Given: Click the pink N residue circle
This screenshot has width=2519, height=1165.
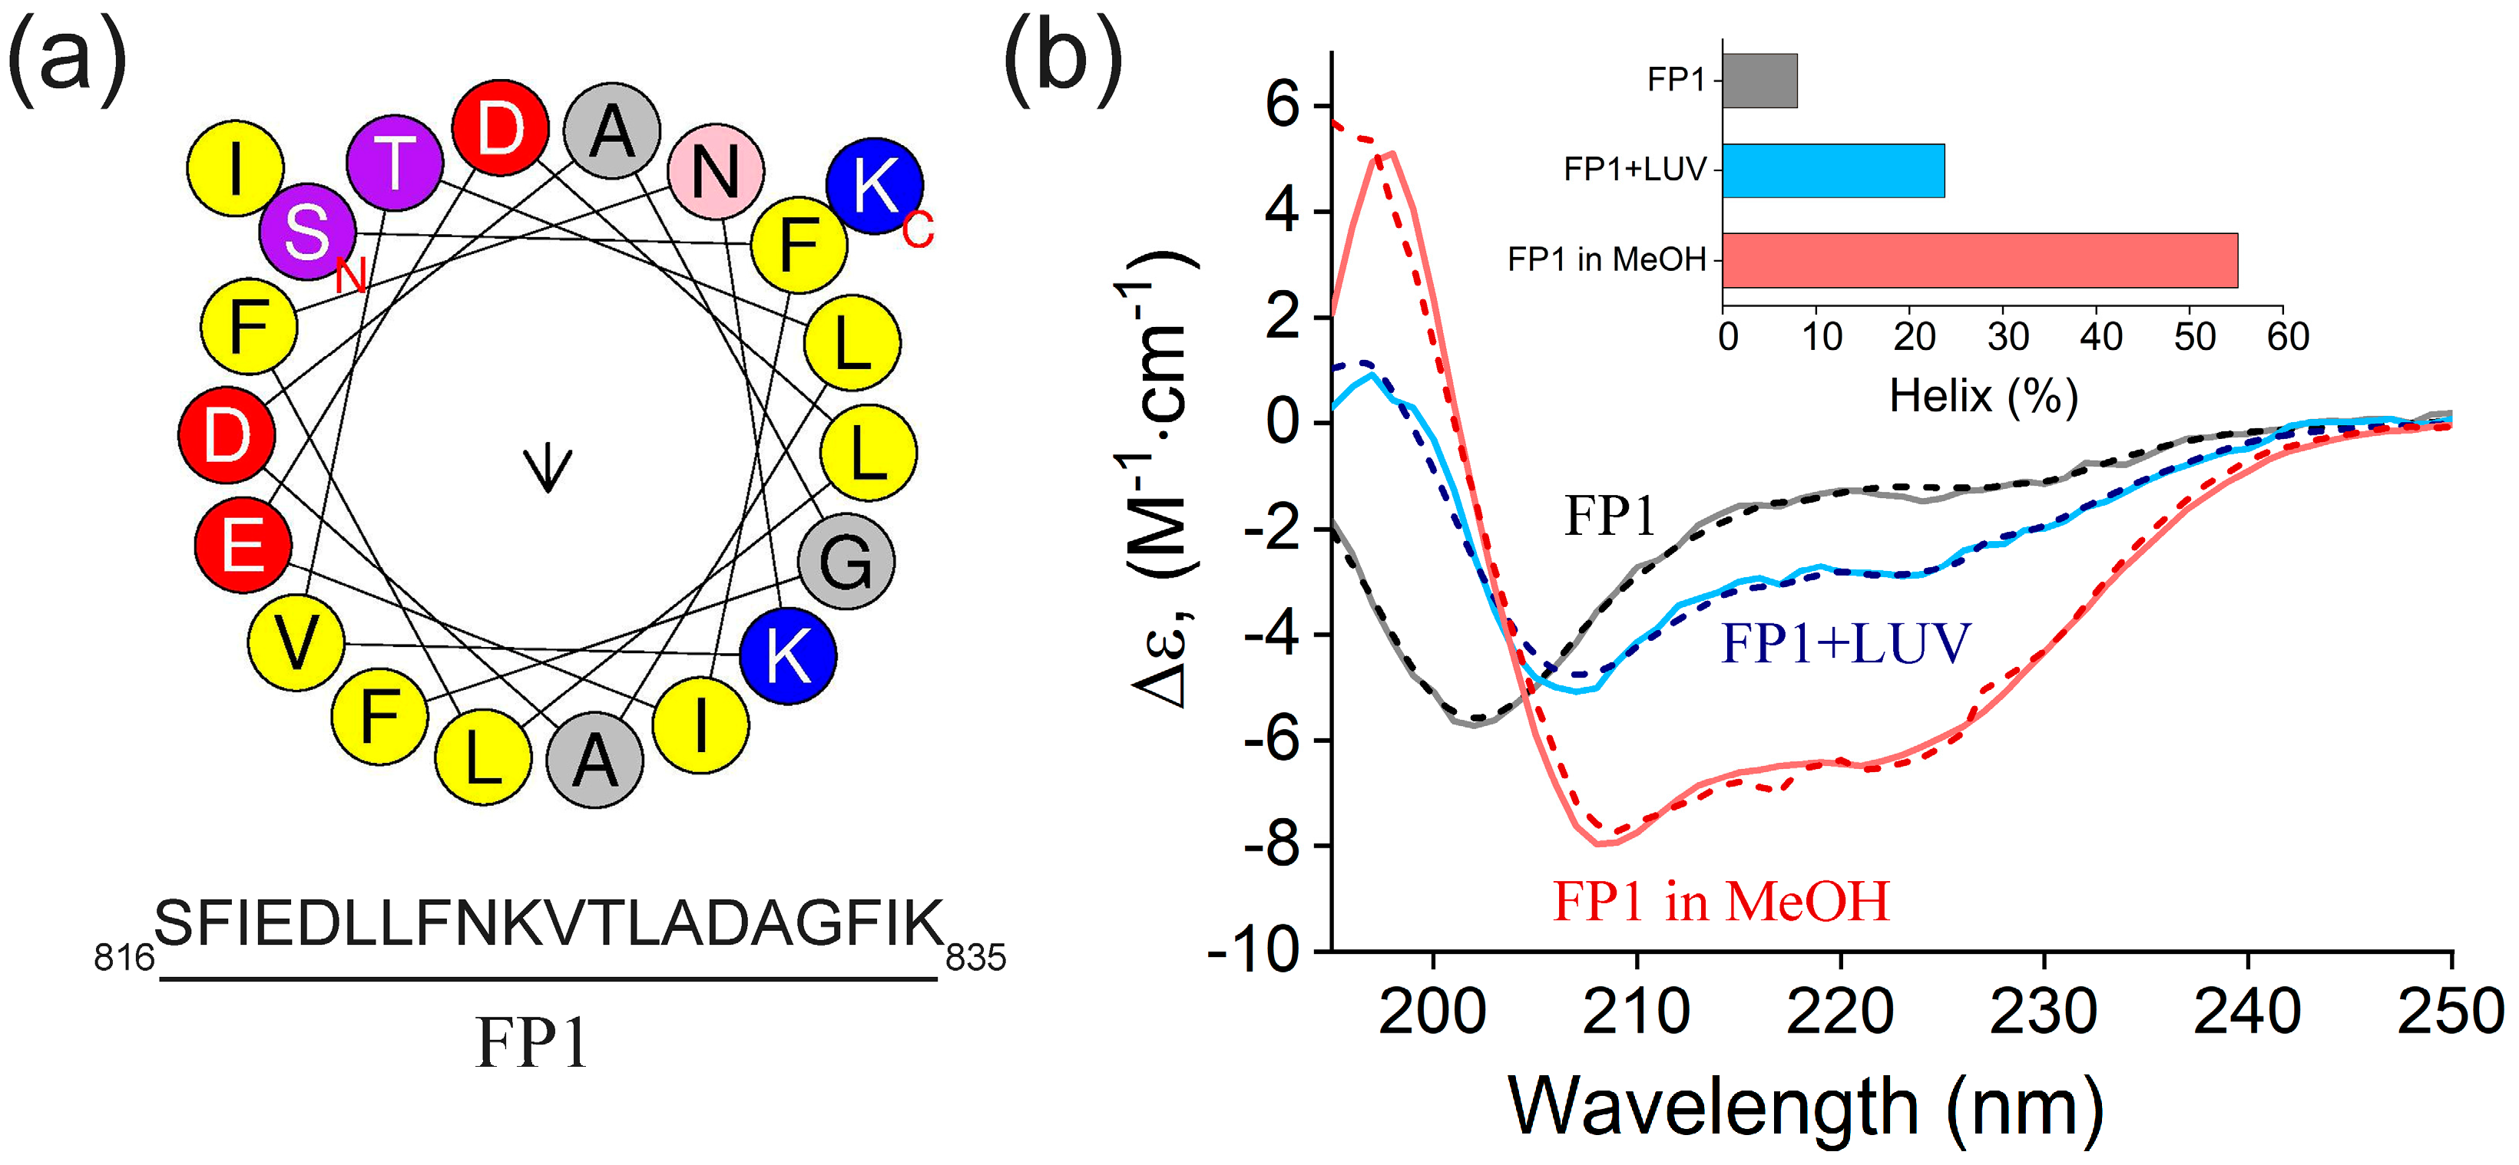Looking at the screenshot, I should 716,172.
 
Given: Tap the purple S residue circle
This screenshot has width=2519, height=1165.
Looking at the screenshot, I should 307,232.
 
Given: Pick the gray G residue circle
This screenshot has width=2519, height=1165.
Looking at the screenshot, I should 846,562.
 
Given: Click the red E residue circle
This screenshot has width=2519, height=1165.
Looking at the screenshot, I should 243,544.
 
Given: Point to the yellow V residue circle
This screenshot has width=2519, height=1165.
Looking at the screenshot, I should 296,642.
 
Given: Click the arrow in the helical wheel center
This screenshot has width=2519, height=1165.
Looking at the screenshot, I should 548,468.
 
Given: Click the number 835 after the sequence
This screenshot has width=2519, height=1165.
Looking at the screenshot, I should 976,958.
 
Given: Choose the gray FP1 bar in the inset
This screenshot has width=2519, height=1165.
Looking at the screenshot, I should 1759,80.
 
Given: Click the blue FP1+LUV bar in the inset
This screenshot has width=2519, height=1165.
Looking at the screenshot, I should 1832,170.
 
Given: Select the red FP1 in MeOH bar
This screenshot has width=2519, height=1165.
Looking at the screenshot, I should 1979,260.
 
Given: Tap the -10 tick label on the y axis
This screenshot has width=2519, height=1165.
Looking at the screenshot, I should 1255,950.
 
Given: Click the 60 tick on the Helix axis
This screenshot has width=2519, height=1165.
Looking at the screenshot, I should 2287,337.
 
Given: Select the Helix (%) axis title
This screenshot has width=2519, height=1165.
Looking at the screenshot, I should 1983,396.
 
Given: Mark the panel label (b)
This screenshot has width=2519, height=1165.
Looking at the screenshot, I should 1063,58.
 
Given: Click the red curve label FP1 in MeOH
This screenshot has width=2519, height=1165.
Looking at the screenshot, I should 1721,901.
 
